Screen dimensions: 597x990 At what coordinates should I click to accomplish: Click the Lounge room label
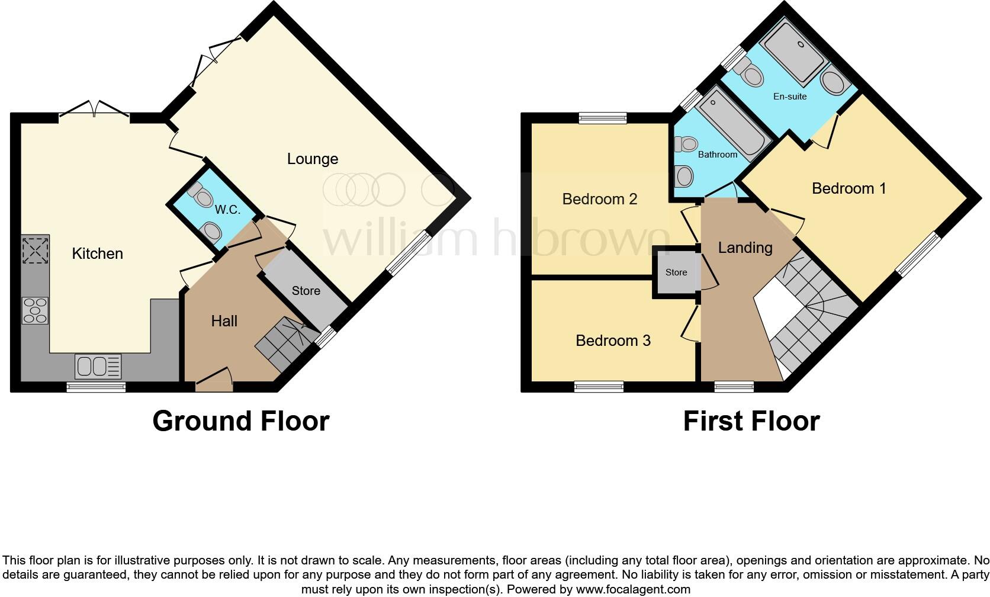pos(313,159)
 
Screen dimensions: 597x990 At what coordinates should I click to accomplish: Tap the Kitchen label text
pos(97,253)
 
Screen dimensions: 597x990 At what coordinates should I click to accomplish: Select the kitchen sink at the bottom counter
pos(98,366)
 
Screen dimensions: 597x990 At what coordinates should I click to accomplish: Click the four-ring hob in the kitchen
pos(35,310)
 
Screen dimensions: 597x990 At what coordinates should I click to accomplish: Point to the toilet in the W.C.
pos(201,194)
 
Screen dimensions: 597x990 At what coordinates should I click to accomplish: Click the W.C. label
pos(227,210)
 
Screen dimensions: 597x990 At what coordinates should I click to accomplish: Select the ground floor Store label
pos(306,291)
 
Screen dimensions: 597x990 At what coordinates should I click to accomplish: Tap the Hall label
pos(224,321)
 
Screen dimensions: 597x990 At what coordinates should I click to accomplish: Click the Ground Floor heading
pos(240,421)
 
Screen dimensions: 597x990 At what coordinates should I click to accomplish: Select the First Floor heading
pos(751,421)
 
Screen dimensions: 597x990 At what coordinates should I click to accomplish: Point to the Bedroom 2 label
pos(599,199)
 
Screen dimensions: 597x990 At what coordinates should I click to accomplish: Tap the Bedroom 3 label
pos(613,341)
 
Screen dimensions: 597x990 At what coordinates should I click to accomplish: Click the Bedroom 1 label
pos(848,188)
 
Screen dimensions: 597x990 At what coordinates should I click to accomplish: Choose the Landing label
pos(745,248)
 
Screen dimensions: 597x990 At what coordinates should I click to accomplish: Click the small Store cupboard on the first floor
pos(676,272)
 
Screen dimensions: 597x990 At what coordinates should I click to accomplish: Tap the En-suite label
pos(790,96)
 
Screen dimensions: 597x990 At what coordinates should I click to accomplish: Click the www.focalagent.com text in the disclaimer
pos(632,589)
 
